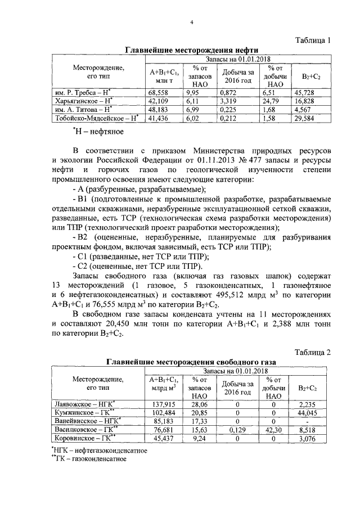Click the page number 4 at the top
click(x=191, y=22)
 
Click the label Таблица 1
click(x=314, y=40)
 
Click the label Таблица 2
click(x=314, y=352)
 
